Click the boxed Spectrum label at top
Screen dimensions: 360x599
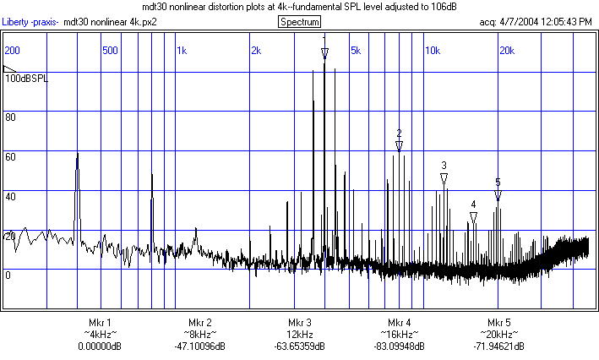point(299,21)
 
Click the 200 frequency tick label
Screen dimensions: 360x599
point(13,50)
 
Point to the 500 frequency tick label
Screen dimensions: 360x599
point(109,50)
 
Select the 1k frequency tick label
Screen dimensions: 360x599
point(182,50)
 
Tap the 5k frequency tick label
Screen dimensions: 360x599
point(356,50)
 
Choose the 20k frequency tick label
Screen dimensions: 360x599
point(506,50)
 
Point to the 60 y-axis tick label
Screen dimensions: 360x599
point(11,156)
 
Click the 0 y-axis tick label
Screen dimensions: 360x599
point(8,275)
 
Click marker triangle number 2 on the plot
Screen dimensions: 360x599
point(399,145)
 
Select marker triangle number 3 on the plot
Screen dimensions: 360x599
point(444,178)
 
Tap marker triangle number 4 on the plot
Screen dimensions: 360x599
point(474,217)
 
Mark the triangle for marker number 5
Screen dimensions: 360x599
point(498,195)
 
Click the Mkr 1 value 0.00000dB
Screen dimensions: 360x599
point(100,346)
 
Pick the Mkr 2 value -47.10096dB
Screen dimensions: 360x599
point(199,346)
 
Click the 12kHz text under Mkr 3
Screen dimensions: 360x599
point(299,335)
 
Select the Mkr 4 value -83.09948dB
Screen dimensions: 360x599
point(400,346)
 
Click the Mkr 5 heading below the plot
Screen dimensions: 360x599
point(499,323)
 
